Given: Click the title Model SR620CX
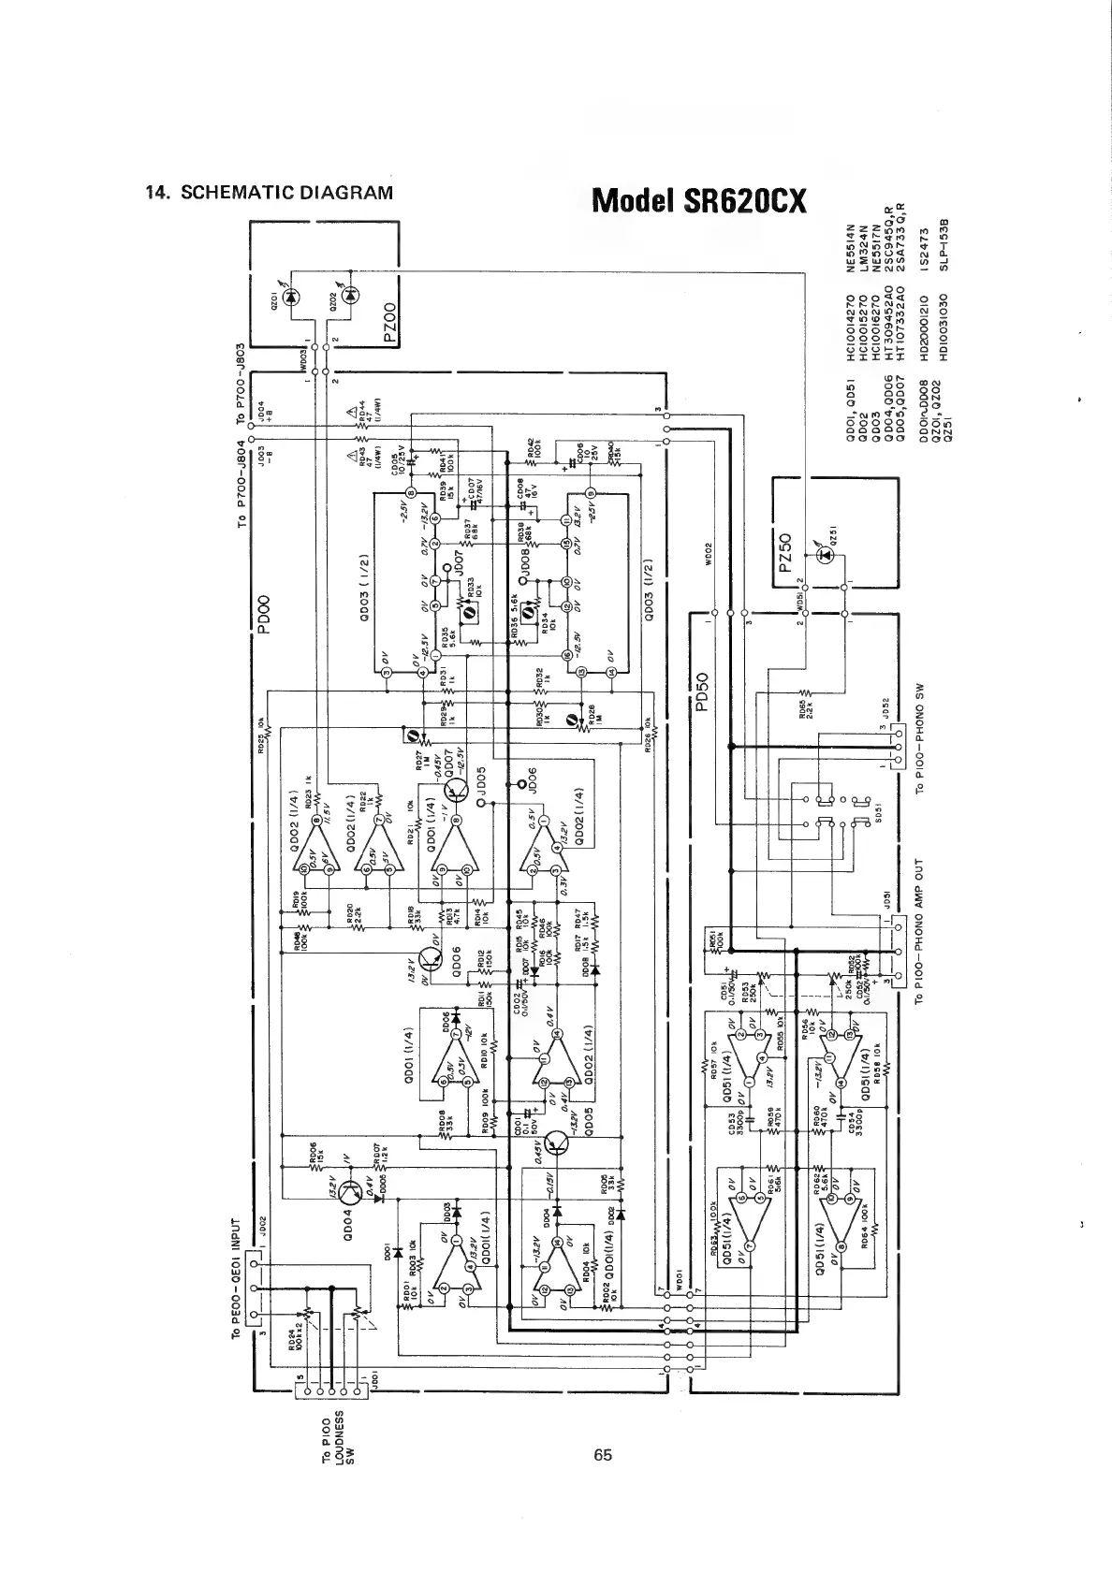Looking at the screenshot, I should (x=698, y=200).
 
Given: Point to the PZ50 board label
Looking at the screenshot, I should (x=785, y=558).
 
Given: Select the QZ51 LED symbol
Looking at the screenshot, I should (x=826, y=555).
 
